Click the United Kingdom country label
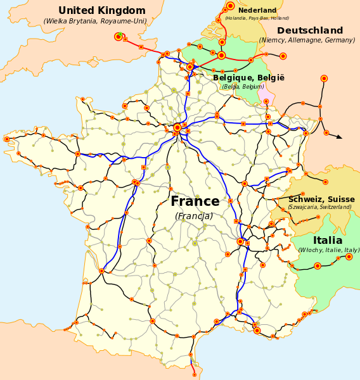click(x=101, y=10)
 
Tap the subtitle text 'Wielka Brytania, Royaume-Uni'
click(x=95, y=21)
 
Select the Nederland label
click(x=257, y=10)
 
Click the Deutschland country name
click(x=310, y=30)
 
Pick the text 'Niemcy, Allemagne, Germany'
click(x=307, y=41)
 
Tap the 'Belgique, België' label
click(x=248, y=78)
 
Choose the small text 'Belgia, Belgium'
click(x=243, y=87)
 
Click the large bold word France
click(x=195, y=201)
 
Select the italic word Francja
click(x=194, y=216)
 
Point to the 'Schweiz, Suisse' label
click(x=321, y=199)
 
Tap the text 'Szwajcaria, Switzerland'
click(x=319, y=207)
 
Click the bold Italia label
click(x=327, y=241)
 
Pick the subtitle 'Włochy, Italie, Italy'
click(x=328, y=250)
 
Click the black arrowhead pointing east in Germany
click(x=339, y=136)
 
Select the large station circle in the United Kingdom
click(x=118, y=37)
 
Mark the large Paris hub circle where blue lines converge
click(x=177, y=127)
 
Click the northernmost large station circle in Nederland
click(x=230, y=6)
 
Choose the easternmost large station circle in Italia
click(x=349, y=256)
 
